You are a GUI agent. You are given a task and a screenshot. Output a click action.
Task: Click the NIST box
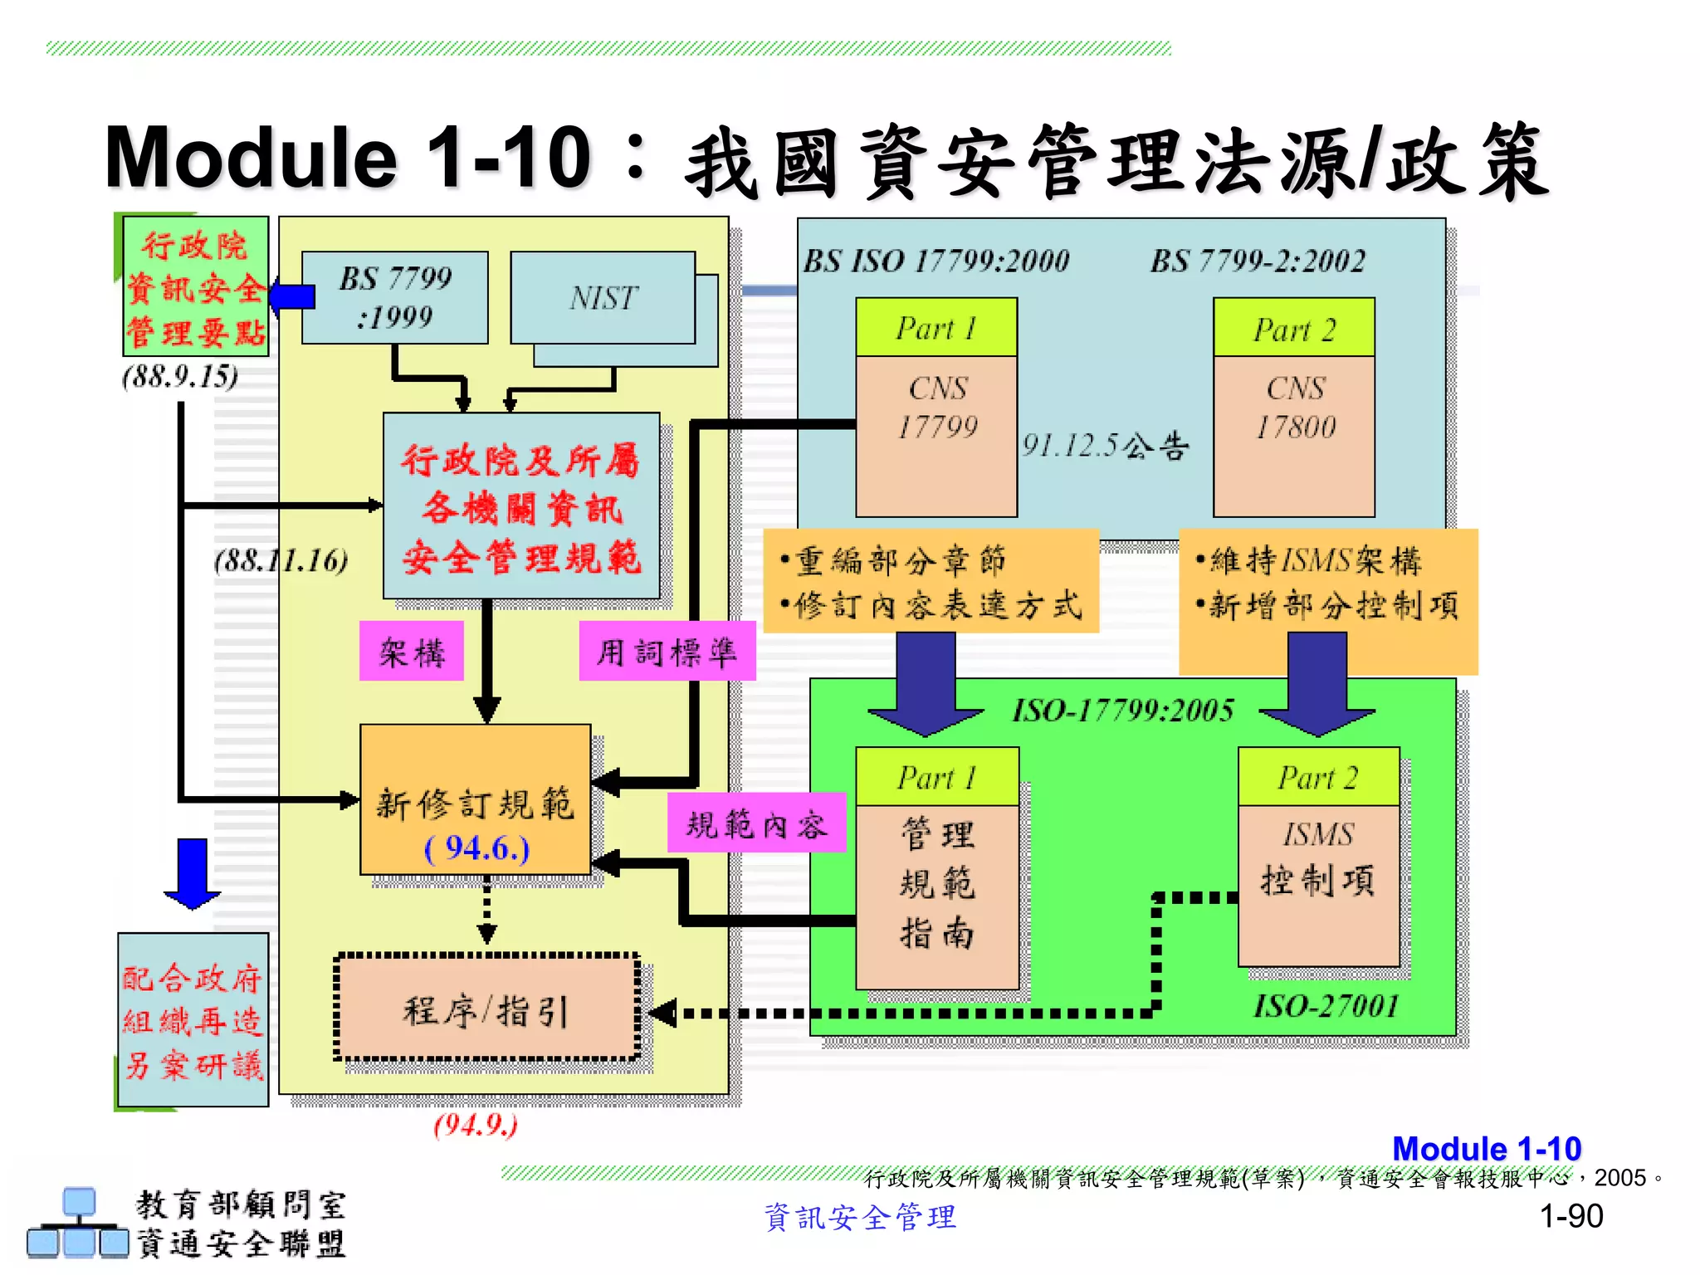603,298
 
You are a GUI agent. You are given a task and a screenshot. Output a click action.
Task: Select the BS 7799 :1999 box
395,298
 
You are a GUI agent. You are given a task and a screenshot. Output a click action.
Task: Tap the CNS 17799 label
937,408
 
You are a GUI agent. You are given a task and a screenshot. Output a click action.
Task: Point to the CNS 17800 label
1295,408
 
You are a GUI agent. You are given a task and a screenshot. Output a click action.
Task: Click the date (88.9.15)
180,377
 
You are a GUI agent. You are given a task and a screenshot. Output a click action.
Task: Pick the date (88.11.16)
281,560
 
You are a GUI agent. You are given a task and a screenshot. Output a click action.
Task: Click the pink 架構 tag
412,652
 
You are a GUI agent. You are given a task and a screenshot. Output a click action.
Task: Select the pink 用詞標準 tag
667,652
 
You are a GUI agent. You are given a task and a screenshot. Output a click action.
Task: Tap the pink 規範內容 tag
756,823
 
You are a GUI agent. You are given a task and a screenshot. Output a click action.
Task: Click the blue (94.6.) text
476,848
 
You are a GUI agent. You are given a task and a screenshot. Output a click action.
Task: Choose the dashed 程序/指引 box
486,1009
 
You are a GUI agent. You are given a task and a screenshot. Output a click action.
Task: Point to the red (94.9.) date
476,1125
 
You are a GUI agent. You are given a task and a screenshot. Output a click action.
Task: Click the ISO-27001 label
1326,1007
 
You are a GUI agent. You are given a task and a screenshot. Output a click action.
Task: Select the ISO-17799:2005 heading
1122,711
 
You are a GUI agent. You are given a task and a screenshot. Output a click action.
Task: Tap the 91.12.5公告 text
1105,446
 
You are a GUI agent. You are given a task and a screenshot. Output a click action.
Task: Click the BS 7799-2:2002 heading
1258,261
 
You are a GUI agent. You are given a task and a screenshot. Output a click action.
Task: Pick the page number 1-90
1571,1216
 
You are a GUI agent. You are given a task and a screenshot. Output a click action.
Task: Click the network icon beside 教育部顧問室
78,1224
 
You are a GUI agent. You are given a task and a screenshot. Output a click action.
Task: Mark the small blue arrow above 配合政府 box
193,873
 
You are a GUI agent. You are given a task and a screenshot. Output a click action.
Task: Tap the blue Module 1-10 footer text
1487,1149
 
